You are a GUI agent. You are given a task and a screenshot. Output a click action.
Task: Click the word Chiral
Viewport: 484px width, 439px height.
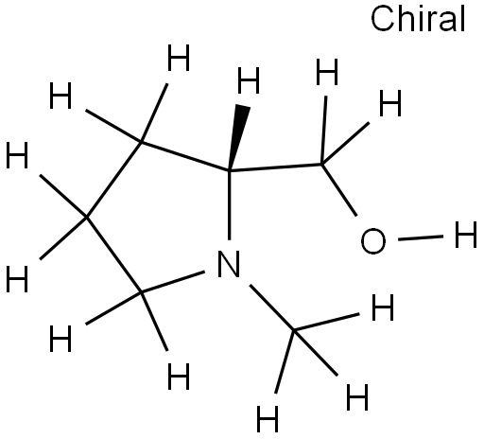point(418,19)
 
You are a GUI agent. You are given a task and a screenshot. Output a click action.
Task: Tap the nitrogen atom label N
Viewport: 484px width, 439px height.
point(229,264)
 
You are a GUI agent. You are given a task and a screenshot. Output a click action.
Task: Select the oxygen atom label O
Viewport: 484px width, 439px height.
point(372,241)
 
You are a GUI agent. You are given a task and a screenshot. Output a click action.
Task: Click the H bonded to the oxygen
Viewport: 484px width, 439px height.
point(465,235)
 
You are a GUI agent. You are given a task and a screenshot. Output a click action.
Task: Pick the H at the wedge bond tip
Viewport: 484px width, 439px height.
point(249,80)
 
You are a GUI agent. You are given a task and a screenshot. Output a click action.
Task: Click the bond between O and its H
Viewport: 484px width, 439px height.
point(421,237)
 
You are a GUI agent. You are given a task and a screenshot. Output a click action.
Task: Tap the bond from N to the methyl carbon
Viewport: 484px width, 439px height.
point(271,307)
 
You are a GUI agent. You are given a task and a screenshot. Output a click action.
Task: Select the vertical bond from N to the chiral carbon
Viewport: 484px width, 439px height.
point(229,205)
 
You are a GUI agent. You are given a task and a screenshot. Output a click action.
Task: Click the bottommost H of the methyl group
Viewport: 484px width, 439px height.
point(268,419)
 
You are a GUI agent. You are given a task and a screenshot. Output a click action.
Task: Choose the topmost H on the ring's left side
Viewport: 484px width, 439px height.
point(179,58)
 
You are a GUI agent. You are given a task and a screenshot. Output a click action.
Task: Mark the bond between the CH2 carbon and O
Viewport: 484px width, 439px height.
point(339,190)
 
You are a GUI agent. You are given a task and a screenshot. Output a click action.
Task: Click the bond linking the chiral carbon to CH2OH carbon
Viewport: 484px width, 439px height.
point(275,167)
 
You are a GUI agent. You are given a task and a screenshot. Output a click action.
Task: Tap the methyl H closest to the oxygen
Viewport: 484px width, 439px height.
point(383,307)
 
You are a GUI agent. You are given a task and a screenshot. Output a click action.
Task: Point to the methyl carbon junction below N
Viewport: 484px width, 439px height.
point(294,330)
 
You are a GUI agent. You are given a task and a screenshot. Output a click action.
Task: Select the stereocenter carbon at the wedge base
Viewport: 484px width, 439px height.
point(229,171)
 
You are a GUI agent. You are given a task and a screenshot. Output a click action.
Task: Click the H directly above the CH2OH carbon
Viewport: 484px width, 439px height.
point(327,72)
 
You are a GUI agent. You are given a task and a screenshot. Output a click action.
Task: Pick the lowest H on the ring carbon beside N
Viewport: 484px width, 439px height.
point(179,377)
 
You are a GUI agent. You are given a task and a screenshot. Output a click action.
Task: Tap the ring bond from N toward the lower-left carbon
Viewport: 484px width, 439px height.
point(173,282)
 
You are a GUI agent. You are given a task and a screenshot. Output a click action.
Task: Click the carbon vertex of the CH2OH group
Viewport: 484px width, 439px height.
point(321,165)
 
